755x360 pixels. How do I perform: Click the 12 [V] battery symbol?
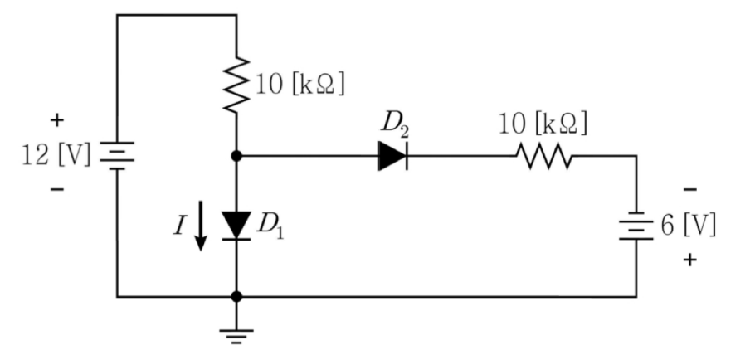[x=117, y=155]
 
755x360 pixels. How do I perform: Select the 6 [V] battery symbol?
[x=636, y=226]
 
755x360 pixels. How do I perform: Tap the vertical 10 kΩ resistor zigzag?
[x=236, y=85]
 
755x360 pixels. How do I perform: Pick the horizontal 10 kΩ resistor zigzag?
[x=543, y=156]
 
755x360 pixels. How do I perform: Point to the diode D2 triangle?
[x=393, y=156]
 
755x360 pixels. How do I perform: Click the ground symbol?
[x=236, y=335]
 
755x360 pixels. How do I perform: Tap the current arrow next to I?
[x=201, y=226]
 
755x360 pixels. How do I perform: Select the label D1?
[x=270, y=224]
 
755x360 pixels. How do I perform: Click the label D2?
[x=395, y=124]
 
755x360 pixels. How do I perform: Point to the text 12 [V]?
[x=56, y=155]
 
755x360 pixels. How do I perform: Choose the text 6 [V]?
[x=688, y=226]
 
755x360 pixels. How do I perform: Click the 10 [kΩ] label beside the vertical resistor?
[x=300, y=85]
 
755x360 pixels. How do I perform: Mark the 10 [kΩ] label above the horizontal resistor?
[x=543, y=124]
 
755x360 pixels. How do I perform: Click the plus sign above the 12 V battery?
[x=56, y=119]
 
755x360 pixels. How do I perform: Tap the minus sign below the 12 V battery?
[x=56, y=190]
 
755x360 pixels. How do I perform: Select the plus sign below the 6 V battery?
[x=689, y=260]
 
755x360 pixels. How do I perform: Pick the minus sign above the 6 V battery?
[x=689, y=190]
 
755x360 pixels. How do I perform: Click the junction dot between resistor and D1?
[x=236, y=156]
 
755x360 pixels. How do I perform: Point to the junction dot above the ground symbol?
[x=236, y=296]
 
